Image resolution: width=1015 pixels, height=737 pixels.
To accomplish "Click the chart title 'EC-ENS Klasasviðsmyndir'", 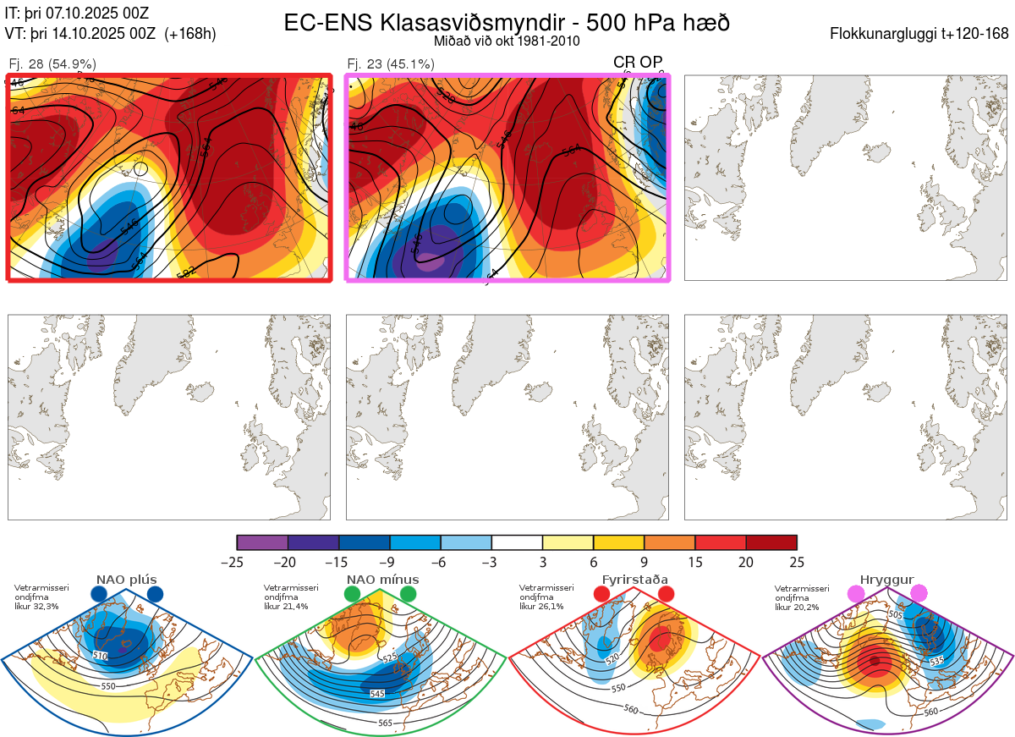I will [x=427, y=23].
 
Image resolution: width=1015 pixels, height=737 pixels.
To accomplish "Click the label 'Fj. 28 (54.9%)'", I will [x=52, y=63].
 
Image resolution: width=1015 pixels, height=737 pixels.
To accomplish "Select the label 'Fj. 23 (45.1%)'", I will [x=391, y=63].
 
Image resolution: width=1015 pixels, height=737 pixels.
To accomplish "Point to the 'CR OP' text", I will [x=638, y=63].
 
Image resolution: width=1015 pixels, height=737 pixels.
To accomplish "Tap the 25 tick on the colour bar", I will [x=796, y=562].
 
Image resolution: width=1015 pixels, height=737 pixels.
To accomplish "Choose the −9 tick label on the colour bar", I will [x=389, y=562].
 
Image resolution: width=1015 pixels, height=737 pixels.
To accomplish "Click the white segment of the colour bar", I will [x=517, y=542].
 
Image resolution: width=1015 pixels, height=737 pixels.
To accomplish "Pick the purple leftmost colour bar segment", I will [x=262, y=542].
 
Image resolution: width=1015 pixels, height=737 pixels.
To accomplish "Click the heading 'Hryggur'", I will [x=886, y=580].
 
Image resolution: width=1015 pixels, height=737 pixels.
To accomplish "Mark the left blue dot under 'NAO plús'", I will [x=99, y=595].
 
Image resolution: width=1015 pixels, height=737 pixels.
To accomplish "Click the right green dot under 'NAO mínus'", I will [x=409, y=595].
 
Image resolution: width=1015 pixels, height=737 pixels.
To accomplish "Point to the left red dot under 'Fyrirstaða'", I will [x=601, y=595].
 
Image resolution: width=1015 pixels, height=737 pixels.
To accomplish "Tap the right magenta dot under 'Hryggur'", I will [x=919, y=595].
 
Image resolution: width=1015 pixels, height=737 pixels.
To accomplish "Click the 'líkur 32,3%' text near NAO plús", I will [x=36, y=607].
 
